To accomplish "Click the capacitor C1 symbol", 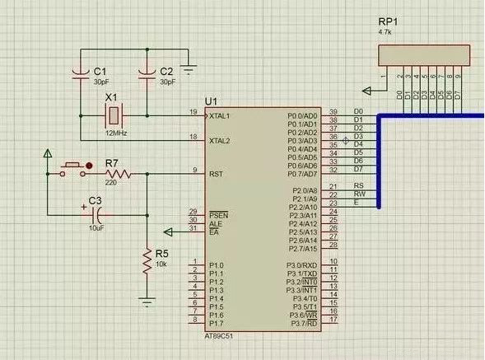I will point(80,75).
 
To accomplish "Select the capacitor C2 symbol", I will point(147,75).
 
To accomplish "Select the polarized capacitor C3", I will point(96,212).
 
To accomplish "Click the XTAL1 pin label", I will point(222,115).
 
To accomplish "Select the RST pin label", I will point(217,174).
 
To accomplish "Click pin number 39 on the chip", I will point(333,111).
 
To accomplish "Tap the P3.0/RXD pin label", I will point(301,265).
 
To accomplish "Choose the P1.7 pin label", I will point(217,324).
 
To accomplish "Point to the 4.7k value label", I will point(386,31).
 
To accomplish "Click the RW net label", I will point(358,194).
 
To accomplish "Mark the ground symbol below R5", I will point(147,298).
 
